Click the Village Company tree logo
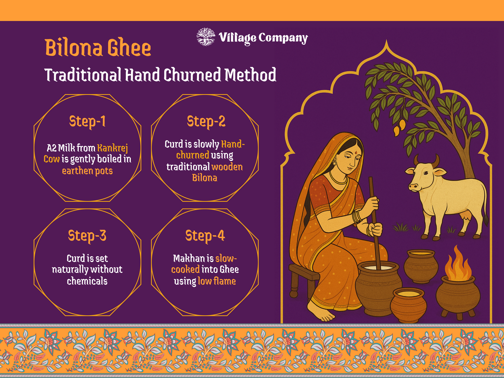tap(206, 37)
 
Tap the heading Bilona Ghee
tap(98, 48)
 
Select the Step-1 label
tap(87, 121)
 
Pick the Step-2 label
tap(206, 121)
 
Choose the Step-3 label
tap(87, 236)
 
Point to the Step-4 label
tap(205, 236)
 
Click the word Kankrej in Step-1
tap(113, 149)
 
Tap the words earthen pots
tap(87, 171)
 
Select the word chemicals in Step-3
tap(87, 281)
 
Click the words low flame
tap(217, 281)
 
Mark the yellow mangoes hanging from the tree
tap(399, 127)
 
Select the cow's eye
tap(426, 173)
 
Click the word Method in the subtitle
tap(250, 75)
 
